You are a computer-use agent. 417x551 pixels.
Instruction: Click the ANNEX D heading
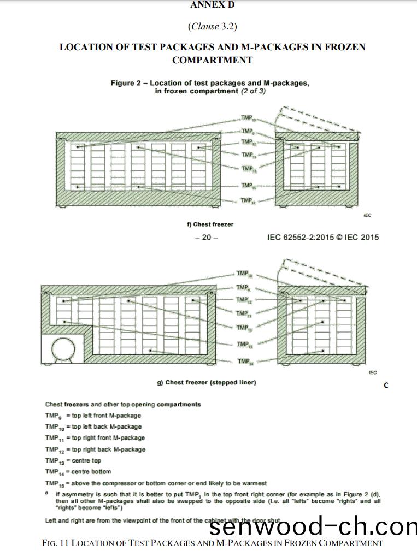(x=212, y=5)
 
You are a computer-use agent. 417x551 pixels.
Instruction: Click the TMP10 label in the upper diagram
(x=248, y=118)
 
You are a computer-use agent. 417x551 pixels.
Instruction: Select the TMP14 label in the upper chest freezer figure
(x=248, y=200)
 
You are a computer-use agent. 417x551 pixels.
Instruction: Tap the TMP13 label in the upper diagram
(x=248, y=169)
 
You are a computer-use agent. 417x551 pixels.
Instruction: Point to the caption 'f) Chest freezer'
(x=210, y=224)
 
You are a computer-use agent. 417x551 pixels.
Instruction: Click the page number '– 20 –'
(x=206, y=238)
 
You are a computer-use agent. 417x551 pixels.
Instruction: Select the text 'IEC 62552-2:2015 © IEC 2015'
(x=322, y=238)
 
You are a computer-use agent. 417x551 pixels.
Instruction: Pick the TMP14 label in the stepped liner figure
(x=244, y=362)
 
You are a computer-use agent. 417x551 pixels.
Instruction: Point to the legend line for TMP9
(x=93, y=416)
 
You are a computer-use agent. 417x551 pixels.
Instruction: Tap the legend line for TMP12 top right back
(x=96, y=449)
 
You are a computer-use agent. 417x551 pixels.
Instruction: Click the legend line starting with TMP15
(x=156, y=483)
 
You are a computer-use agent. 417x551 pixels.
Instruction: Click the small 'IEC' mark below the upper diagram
(x=367, y=215)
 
